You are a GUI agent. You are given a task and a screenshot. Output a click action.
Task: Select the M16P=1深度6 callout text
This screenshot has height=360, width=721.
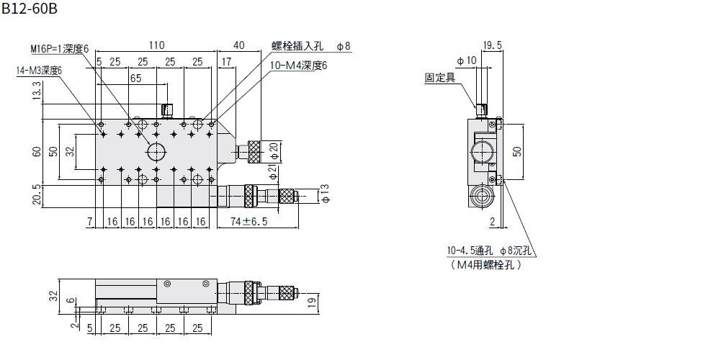[59, 48]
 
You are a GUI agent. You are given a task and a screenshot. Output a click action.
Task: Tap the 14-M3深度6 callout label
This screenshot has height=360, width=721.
[40, 71]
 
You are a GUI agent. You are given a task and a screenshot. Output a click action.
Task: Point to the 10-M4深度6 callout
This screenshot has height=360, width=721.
[298, 66]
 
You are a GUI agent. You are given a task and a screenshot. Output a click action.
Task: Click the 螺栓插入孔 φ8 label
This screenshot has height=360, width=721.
[310, 46]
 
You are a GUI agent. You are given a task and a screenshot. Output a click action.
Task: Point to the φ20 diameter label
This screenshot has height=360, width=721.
[273, 151]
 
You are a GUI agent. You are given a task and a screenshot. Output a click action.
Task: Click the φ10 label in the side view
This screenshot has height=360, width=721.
[466, 60]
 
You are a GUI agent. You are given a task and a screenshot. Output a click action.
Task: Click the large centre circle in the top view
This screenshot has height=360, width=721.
[156, 151]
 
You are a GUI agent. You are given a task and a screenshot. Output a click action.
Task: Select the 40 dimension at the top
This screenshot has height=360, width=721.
[240, 45]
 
